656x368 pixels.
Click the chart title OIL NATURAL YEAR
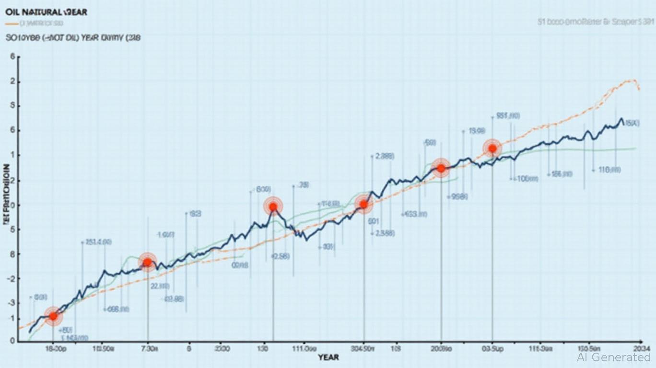[x=47, y=12]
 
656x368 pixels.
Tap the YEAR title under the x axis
[x=328, y=357]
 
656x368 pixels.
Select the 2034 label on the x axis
[x=642, y=349]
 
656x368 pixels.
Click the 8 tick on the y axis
[x=12, y=254]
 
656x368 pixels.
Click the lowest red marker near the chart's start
[x=53, y=316]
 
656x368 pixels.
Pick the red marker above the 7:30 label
[x=147, y=262]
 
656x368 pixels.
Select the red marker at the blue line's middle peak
[x=273, y=207]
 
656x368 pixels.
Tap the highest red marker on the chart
[x=492, y=149]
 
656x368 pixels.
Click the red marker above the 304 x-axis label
[x=363, y=205]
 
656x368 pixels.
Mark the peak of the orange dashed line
[x=634, y=80]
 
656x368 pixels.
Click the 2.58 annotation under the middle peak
[x=281, y=256]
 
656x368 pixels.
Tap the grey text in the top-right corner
[x=595, y=22]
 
